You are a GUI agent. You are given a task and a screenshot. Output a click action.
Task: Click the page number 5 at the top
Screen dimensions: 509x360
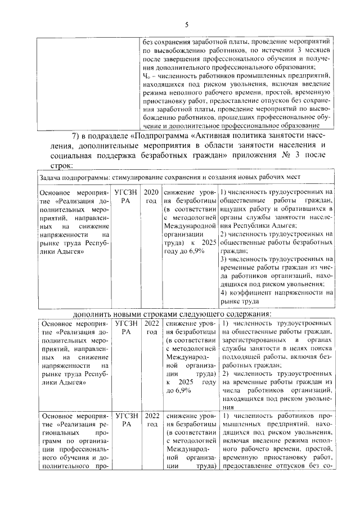[186, 24]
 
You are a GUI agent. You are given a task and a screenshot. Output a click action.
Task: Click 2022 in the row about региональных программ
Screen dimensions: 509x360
[151, 416]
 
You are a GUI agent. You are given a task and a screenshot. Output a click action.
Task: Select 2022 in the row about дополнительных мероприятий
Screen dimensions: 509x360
[151, 324]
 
